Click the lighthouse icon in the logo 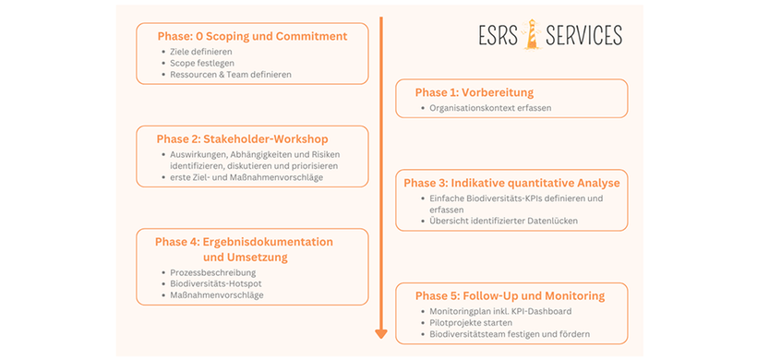point(532,35)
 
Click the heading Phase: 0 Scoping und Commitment point(252,37)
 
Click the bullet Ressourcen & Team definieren point(231,74)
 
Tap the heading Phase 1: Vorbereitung point(474,93)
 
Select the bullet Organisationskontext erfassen point(490,108)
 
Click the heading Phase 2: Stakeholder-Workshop point(243,139)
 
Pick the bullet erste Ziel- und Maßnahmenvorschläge point(246,177)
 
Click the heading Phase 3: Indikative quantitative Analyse point(511,183)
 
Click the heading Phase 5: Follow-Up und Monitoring point(510,296)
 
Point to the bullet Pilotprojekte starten point(471,322)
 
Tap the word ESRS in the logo point(498,36)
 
